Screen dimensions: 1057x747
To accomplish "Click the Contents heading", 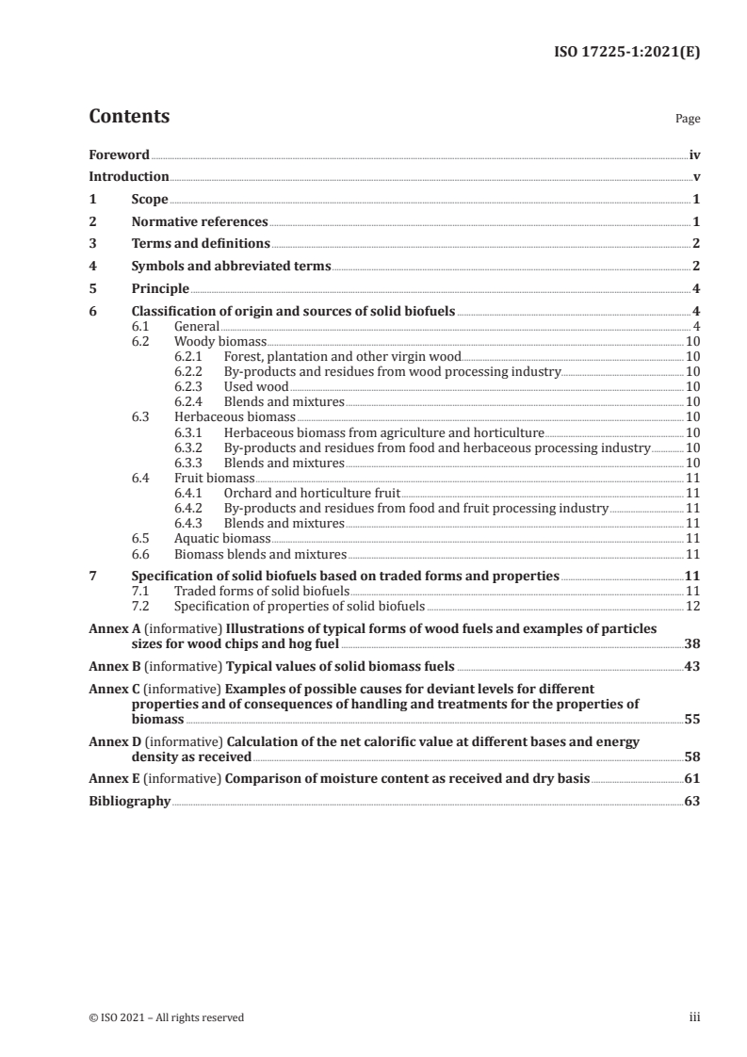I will (129, 117).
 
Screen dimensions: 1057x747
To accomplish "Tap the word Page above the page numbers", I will (688, 120).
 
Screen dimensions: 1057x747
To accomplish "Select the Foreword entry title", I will (119, 154).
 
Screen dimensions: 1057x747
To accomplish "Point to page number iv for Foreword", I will (694, 154).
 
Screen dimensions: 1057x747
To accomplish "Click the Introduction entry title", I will (129, 177).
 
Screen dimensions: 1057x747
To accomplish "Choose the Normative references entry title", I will (200, 222).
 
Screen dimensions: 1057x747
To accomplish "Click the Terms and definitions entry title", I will (201, 244).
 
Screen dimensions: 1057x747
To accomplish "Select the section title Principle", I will (160, 288).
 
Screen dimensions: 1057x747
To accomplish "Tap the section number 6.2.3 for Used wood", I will (191, 387).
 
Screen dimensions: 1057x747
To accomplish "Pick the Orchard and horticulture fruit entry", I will (312, 493).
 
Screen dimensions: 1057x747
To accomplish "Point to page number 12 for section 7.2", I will (692, 606).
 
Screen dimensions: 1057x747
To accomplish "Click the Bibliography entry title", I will (129, 802).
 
